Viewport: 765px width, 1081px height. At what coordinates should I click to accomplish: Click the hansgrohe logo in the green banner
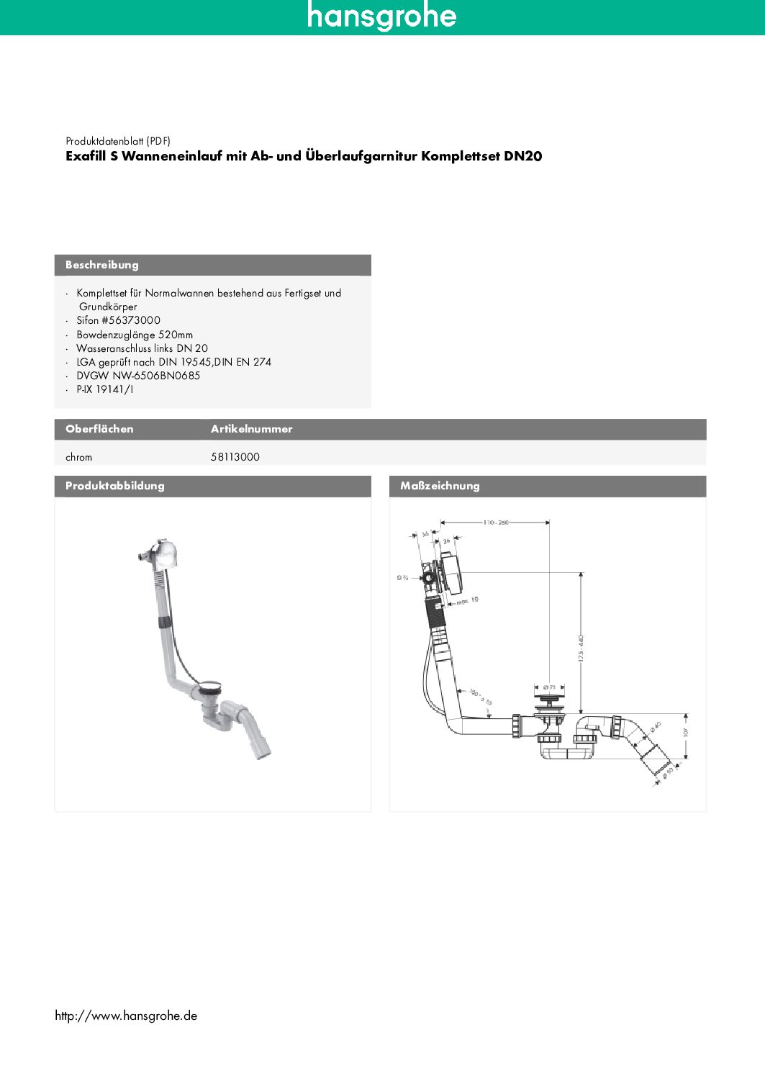(381, 16)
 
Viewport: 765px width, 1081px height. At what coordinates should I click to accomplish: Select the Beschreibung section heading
(102, 265)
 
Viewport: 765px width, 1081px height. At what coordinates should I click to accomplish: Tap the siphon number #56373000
(131, 320)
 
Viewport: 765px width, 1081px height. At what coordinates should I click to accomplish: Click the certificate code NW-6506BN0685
(156, 376)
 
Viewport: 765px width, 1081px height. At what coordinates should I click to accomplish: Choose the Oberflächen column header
(99, 429)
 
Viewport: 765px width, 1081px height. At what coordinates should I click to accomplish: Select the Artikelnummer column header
(251, 429)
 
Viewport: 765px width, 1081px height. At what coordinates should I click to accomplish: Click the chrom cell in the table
(78, 457)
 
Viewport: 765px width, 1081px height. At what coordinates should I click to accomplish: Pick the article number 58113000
(235, 457)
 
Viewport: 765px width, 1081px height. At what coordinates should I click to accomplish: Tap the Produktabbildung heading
(115, 486)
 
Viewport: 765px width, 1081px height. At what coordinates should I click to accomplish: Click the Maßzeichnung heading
(440, 486)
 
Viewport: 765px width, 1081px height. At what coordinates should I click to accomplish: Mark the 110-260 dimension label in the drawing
(496, 522)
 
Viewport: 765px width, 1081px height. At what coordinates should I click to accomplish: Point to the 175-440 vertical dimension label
(581, 648)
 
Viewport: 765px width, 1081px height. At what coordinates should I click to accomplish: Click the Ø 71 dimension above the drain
(549, 687)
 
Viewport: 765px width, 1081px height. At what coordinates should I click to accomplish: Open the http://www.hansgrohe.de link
(126, 1016)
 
